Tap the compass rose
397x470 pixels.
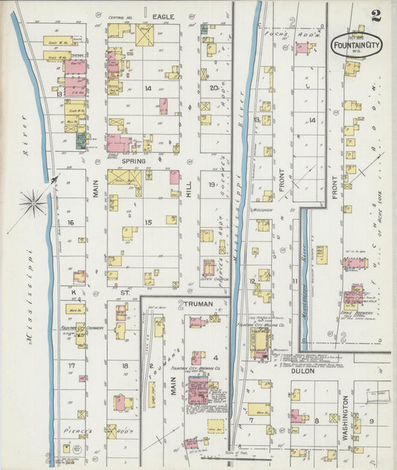tap(34, 202)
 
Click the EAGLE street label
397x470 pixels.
tap(163, 16)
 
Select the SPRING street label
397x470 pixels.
tap(134, 160)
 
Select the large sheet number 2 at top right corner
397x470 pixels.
tap(377, 14)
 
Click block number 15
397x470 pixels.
tap(148, 223)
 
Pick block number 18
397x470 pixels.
tap(124, 366)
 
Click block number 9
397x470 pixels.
tap(372, 421)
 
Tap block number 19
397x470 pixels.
tap(212, 185)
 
